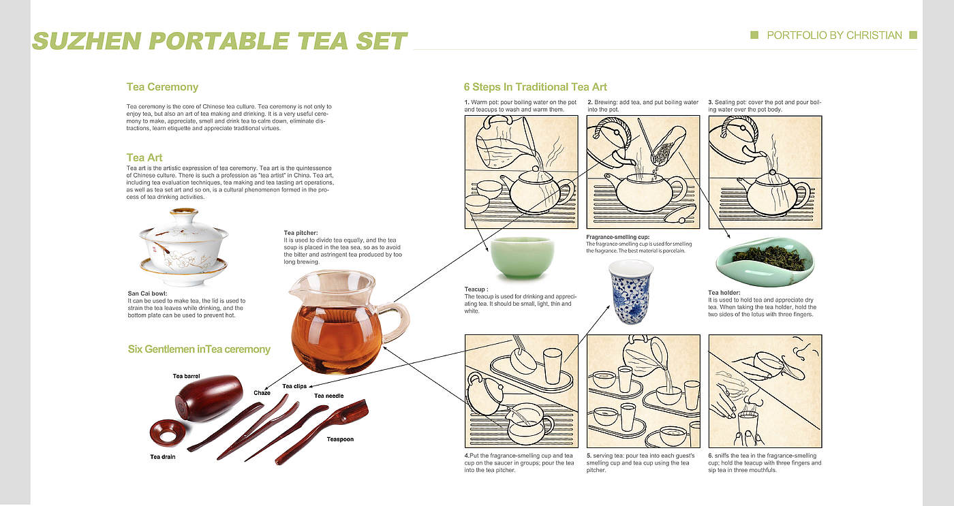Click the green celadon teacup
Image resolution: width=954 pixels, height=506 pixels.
[522, 258]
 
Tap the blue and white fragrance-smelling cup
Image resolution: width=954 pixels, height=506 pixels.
[631, 292]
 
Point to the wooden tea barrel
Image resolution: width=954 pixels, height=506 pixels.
[209, 398]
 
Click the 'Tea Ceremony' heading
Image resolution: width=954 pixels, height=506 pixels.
[162, 86]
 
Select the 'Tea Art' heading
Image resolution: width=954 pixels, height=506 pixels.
[144, 157]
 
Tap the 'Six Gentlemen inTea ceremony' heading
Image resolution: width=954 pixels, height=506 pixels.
[199, 349]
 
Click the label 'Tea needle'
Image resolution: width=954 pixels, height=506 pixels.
[328, 396]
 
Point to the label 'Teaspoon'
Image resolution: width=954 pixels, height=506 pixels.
[340, 439]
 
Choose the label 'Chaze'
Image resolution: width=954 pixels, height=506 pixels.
[262, 393]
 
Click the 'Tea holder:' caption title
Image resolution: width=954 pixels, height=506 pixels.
[724, 293]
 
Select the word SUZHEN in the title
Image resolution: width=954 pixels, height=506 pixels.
[87, 42]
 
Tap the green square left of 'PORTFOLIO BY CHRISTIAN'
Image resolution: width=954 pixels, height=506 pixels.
[754, 35]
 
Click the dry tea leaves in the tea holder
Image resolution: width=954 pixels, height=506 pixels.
[765, 256]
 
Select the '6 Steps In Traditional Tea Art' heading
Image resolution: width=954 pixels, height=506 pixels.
[536, 86]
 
